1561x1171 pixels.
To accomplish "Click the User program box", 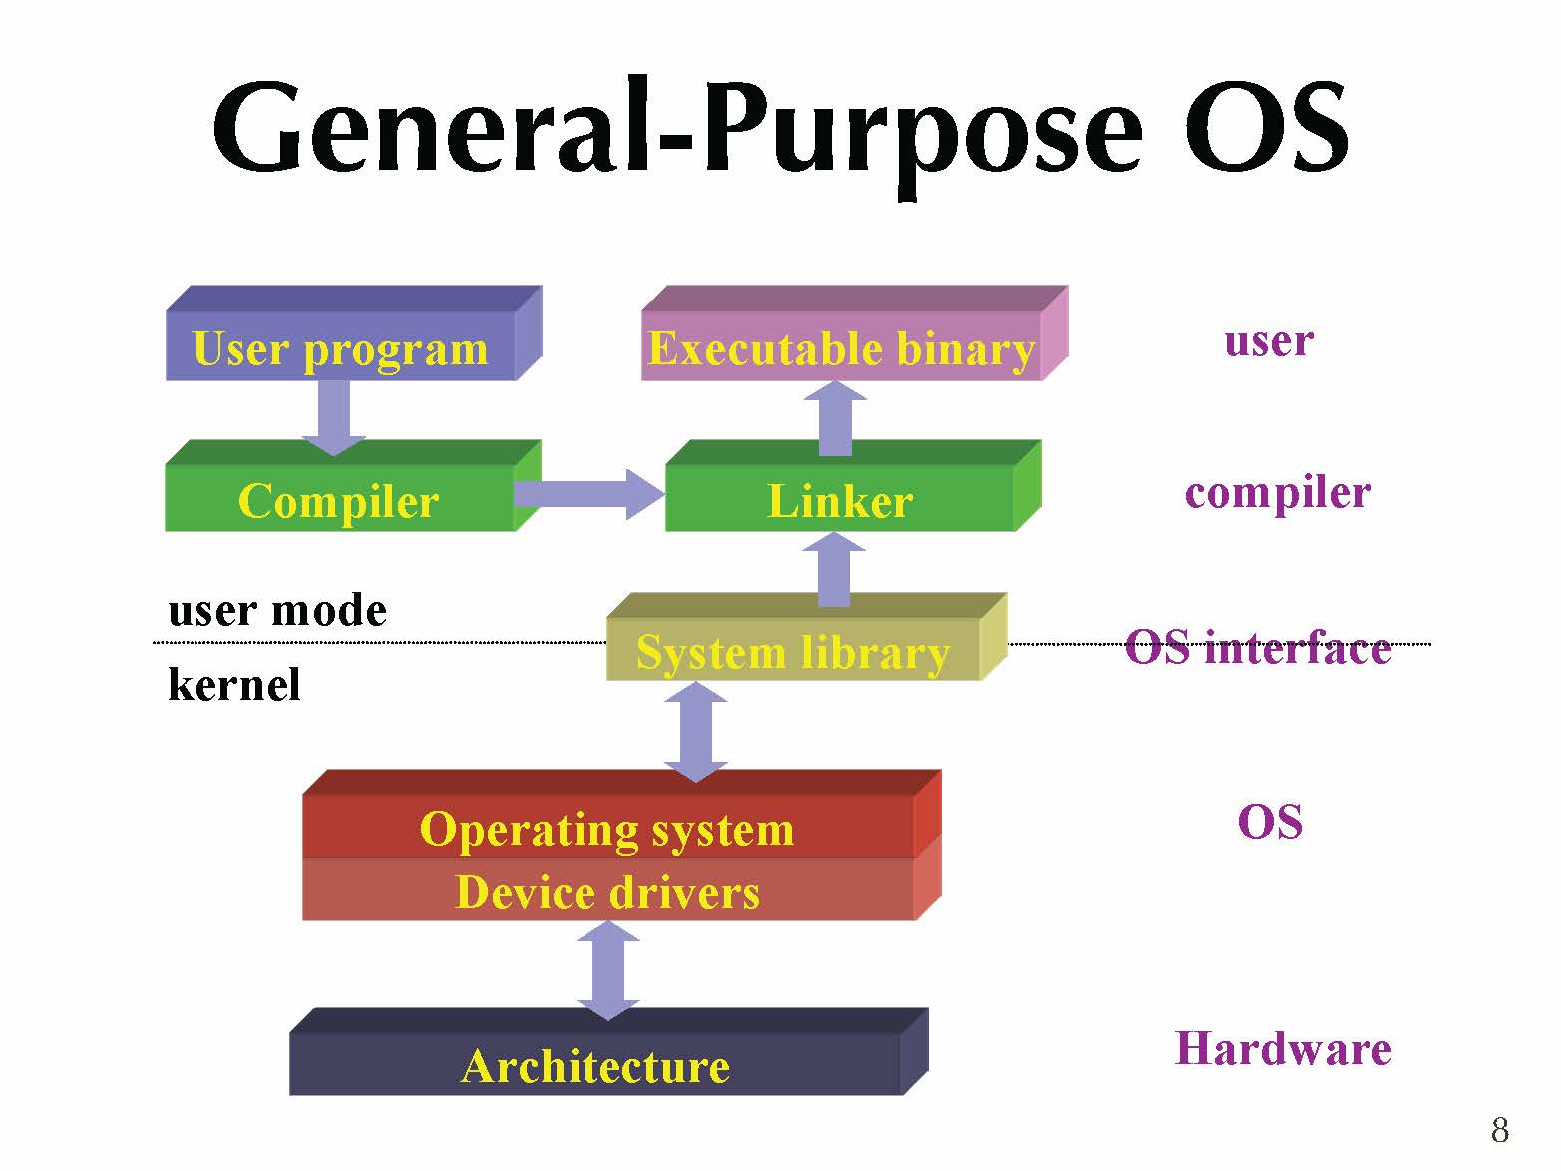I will (341, 348).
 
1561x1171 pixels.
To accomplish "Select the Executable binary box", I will (842, 348).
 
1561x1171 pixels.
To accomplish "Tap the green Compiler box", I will (339, 500).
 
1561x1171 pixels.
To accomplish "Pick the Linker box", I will (840, 500).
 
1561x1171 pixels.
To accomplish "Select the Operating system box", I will (607, 827).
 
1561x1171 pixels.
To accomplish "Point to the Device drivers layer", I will (607, 891).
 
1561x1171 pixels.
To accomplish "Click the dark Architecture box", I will (595, 1065).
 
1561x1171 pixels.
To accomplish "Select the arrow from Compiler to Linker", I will (588, 493).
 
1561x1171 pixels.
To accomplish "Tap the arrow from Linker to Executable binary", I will (835, 418).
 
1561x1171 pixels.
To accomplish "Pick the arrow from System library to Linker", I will (835, 570).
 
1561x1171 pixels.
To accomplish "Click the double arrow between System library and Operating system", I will (696, 731).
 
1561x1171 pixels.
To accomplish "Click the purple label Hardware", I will (1283, 1048).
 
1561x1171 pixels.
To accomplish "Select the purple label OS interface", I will (1258, 648).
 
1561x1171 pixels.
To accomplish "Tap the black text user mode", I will (277, 610).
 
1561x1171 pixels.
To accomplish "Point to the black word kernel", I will (234, 685).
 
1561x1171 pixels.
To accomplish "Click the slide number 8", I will (1499, 1130).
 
